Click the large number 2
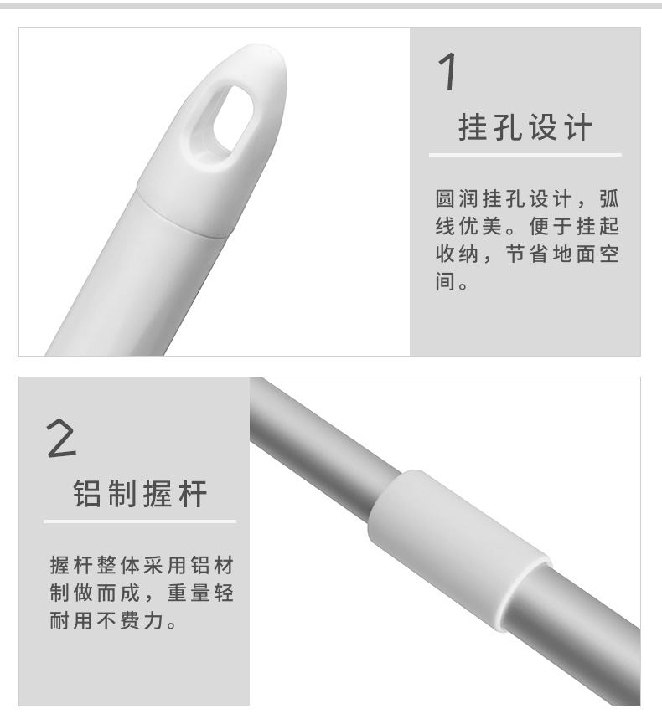click(x=61, y=439)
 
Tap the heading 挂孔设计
click(x=525, y=127)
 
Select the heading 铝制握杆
click(x=140, y=493)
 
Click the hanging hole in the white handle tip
click(x=233, y=118)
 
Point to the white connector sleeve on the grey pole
click(x=459, y=549)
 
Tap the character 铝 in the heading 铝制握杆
click(x=87, y=493)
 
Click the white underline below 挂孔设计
click(x=525, y=155)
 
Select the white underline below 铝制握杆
click(x=140, y=521)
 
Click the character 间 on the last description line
click(x=445, y=281)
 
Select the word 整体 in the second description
click(x=117, y=565)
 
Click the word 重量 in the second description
click(x=189, y=593)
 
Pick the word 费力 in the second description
click(x=142, y=620)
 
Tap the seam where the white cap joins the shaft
click(x=182, y=212)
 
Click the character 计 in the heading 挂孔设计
click(x=578, y=127)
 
